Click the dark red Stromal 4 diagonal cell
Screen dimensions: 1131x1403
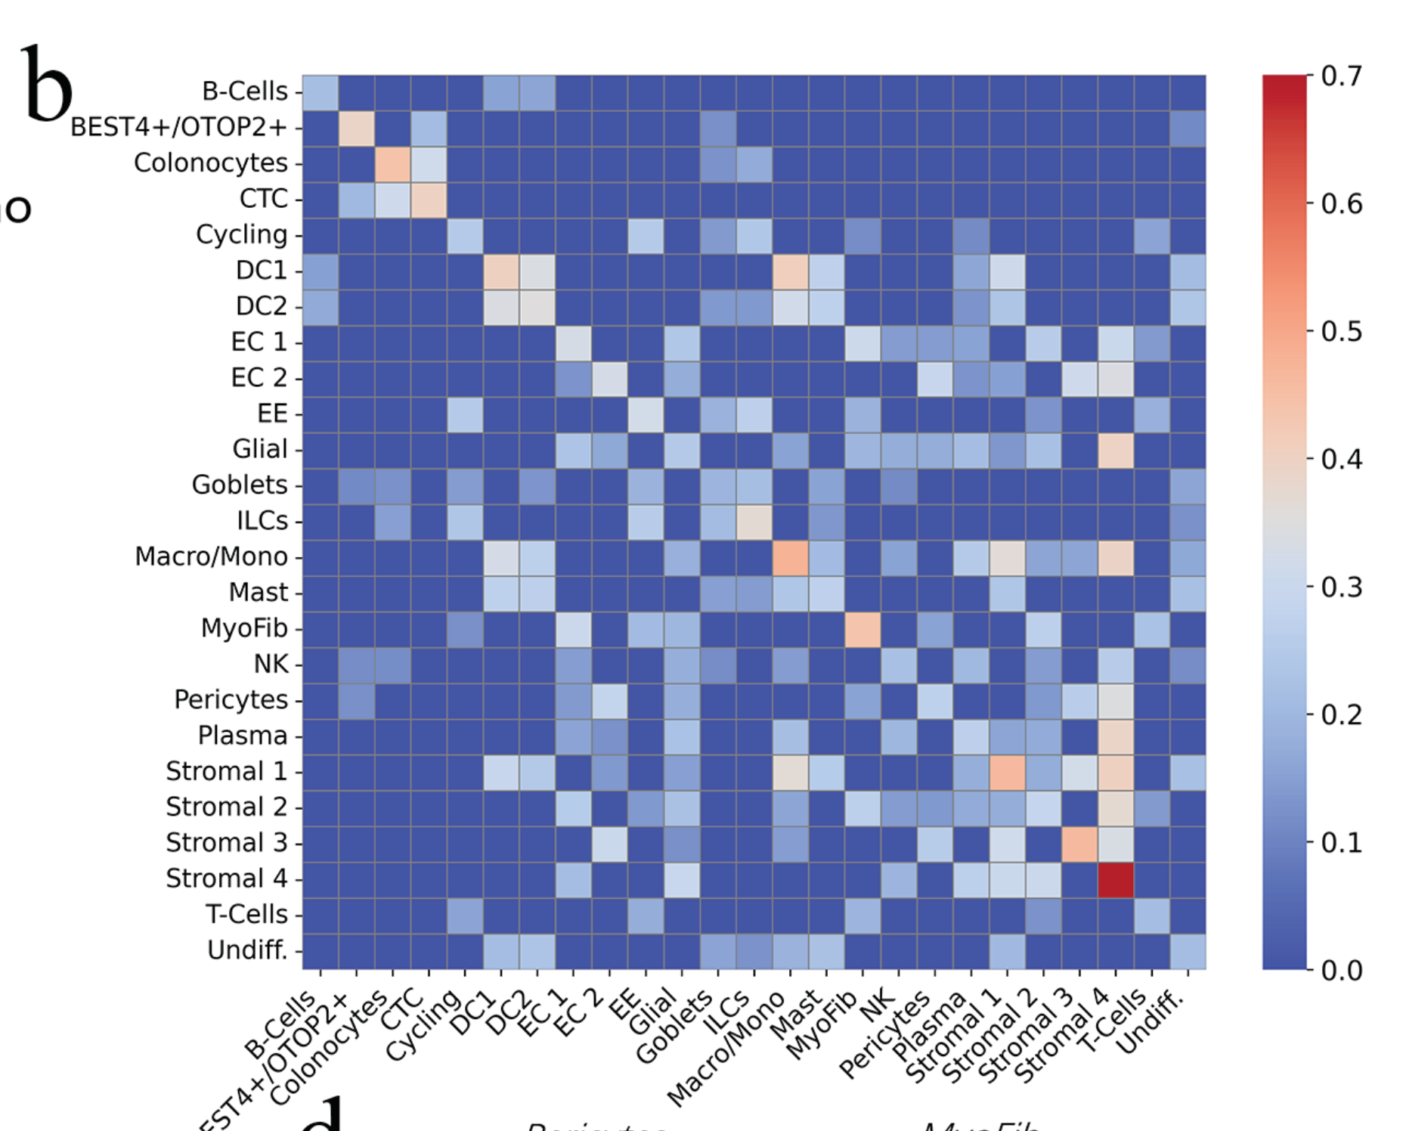click(x=1115, y=879)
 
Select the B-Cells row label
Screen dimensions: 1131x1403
click(x=244, y=91)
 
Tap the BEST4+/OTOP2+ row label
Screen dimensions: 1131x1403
click(x=178, y=127)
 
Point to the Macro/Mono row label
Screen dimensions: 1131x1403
click(x=211, y=556)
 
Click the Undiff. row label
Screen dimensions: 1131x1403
click(x=247, y=950)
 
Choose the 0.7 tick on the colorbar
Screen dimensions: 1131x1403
click(x=1341, y=76)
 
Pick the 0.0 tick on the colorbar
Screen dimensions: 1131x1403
click(x=1341, y=970)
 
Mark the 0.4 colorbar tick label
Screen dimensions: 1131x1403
click(x=1341, y=459)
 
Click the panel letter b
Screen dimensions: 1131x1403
click(x=47, y=85)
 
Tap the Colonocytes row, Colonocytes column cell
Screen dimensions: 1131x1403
click(x=393, y=164)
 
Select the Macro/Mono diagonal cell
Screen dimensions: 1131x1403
click(x=790, y=557)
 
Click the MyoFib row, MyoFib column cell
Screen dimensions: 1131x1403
click(x=863, y=629)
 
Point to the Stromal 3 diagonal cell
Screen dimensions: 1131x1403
click(x=1079, y=844)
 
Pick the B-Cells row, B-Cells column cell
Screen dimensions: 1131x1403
click(x=321, y=92)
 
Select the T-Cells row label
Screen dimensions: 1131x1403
click(x=246, y=915)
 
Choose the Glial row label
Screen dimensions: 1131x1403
click(x=259, y=449)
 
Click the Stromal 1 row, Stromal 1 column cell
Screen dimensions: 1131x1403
click(x=1007, y=772)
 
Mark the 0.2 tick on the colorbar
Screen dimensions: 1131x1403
click(x=1341, y=714)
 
